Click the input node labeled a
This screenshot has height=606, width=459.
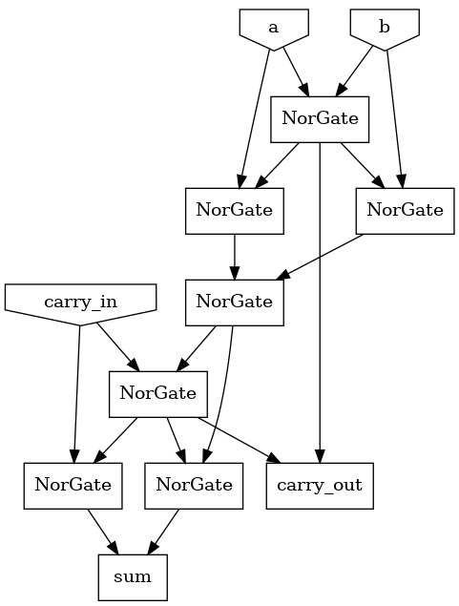pyautogui.click(x=273, y=27)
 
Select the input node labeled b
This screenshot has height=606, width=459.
pyautogui.click(x=384, y=27)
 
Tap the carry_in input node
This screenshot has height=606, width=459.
pyautogui.click(x=80, y=303)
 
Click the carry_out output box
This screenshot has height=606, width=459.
pyautogui.click(x=319, y=485)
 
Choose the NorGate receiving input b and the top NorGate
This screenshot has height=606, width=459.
pyautogui.click(x=399, y=210)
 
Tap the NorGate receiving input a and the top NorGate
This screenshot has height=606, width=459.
pyautogui.click(x=235, y=210)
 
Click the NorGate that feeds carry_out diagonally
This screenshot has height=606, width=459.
pyautogui.click(x=157, y=392)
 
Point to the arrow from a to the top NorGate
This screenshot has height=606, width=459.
pyautogui.click(x=292, y=72)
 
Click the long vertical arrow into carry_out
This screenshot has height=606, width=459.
pyautogui.click(x=320, y=305)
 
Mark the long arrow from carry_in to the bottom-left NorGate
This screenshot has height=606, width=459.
pyautogui.click(x=75, y=391)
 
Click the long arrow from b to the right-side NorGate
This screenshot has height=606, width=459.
pyautogui.click(x=395, y=115)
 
